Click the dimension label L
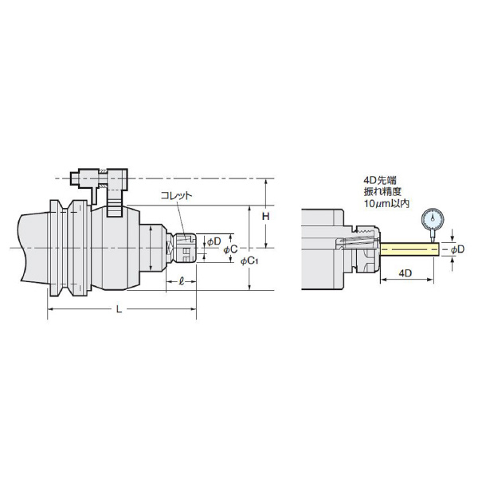click(x=119, y=309)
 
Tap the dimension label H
click(x=266, y=217)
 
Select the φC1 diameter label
click(x=249, y=261)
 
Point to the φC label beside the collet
click(x=230, y=249)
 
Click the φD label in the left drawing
click(x=214, y=241)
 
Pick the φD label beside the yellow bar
click(x=457, y=249)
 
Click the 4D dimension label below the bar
click(x=406, y=273)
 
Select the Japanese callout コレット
click(x=177, y=195)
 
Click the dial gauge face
click(x=433, y=218)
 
